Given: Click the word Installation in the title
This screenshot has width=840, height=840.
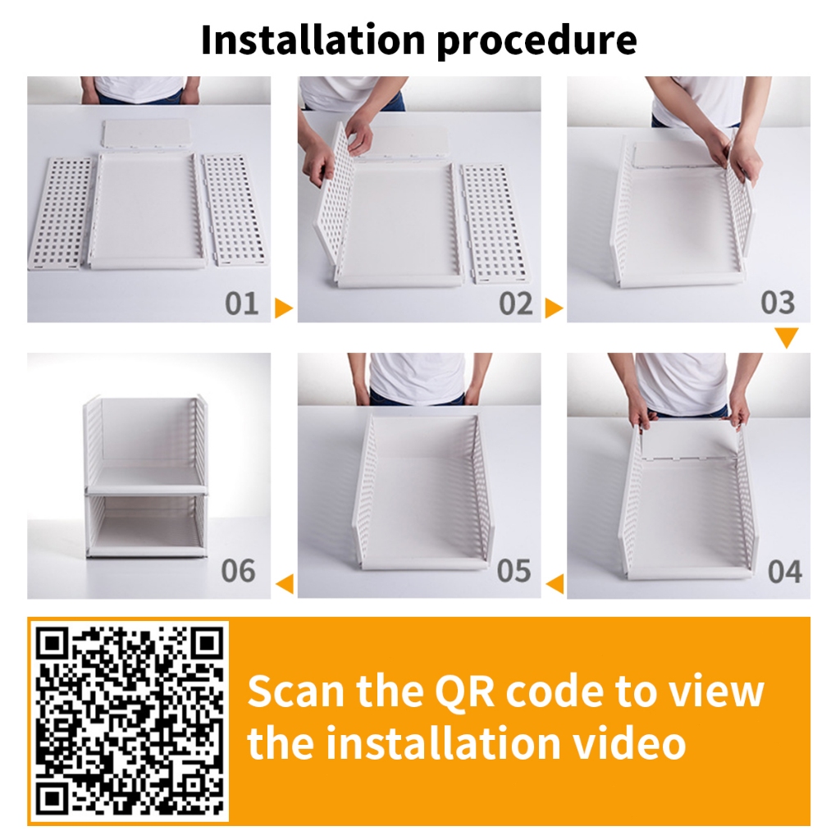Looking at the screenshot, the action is coord(313,39).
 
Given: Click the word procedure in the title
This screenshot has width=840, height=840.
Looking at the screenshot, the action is coord(537,42).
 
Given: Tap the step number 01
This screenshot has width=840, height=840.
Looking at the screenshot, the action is coord(242,304).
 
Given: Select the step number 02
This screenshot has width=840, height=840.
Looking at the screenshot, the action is coord(515,304).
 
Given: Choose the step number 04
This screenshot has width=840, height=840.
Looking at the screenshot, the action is coord(785,572).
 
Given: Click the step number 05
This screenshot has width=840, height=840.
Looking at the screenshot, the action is coord(514,571).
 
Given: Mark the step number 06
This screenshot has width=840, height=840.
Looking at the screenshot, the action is coord(239,571).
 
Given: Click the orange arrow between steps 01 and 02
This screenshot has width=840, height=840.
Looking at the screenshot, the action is coord(283,308).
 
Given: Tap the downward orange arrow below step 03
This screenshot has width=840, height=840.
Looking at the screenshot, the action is coord(787,337).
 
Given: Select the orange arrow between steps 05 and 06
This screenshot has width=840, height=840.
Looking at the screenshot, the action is coord(285,583).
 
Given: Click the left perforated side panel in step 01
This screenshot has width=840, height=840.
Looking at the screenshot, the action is coord(59,213).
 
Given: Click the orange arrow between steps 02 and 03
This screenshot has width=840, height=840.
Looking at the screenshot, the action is coord(554,308).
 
